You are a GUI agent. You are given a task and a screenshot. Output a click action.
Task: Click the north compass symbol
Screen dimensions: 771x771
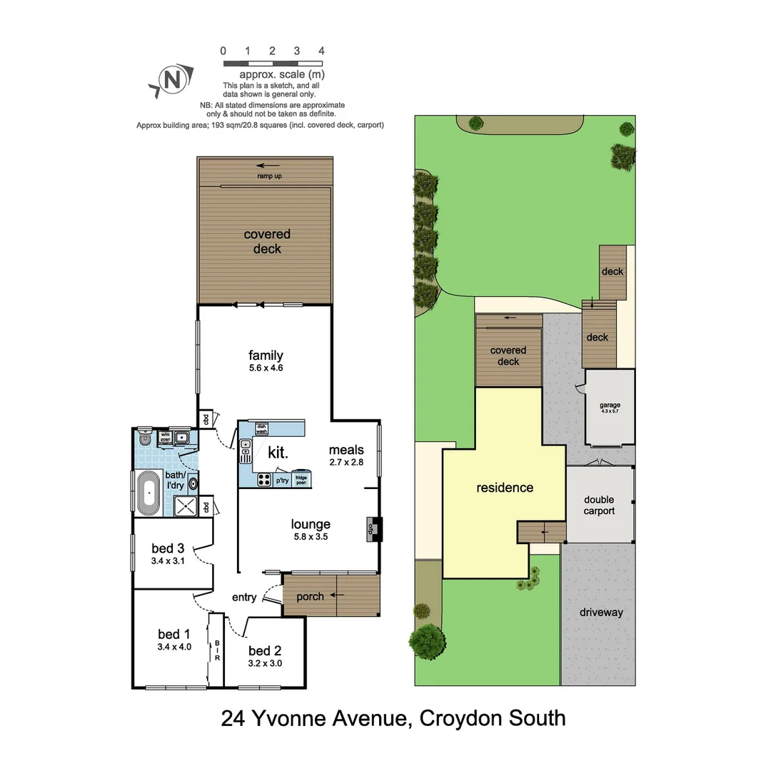(x=172, y=80)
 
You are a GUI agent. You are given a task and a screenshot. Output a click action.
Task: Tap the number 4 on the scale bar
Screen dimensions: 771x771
(x=322, y=51)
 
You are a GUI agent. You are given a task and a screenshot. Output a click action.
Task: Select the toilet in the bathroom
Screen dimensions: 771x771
(x=145, y=438)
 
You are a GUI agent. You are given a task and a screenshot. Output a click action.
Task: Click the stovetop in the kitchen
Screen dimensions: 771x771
(x=263, y=480)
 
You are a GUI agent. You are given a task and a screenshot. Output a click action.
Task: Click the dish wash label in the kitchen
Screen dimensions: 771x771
(x=261, y=428)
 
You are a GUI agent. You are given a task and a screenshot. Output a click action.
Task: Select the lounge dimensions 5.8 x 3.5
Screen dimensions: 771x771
(x=310, y=537)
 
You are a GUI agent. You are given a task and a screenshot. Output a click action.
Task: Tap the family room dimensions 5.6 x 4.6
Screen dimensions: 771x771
(x=266, y=368)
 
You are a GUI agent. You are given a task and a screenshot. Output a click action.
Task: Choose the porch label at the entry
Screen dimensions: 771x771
(x=310, y=597)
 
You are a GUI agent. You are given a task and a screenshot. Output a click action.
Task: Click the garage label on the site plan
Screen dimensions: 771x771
(x=610, y=405)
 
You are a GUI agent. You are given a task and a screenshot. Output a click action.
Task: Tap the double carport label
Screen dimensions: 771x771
(x=599, y=505)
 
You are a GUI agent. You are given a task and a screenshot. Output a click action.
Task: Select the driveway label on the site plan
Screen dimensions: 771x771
(x=601, y=613)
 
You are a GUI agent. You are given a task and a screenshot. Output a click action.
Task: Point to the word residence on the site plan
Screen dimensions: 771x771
(x=505, y=488)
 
